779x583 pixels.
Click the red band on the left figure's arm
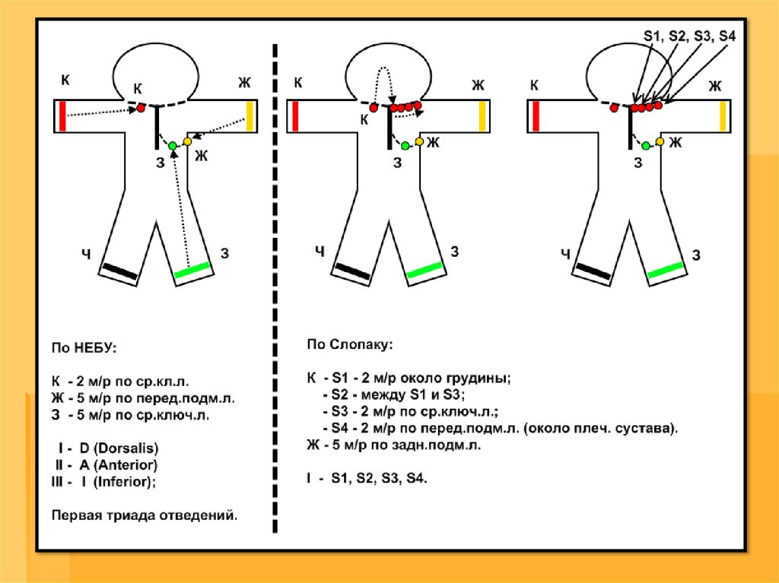coord(62,116)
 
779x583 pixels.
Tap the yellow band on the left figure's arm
coord(250,116)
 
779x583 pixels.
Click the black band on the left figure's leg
coord(121,270)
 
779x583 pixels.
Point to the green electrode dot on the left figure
coord(173,145)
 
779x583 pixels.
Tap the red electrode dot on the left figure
coord(141,109)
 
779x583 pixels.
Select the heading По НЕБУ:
coord(84,347)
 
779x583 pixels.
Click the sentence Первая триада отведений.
coord(145,515)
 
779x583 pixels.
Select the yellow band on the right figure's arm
coord(723,116)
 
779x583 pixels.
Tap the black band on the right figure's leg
coord(593,271)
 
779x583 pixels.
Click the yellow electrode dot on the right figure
coord(660,141)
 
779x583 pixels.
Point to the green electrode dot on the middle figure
coord(405,145)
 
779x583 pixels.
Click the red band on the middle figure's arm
coord(294,116)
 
